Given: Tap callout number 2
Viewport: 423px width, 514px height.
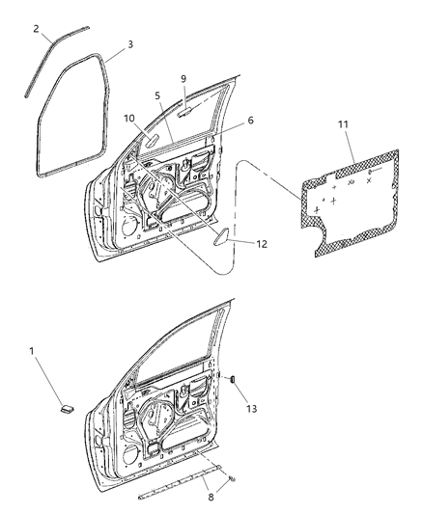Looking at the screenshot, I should (37, 29).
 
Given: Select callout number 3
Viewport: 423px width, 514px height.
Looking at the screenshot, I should (131, 45).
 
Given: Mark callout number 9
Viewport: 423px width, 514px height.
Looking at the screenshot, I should (183, 78).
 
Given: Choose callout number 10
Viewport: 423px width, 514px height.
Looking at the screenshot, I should (127, 118).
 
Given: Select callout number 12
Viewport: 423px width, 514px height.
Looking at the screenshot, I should (261, 245).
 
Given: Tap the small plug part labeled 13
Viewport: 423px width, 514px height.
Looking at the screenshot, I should (232, 379).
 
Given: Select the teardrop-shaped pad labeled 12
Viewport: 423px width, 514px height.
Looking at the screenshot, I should (220, 236).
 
